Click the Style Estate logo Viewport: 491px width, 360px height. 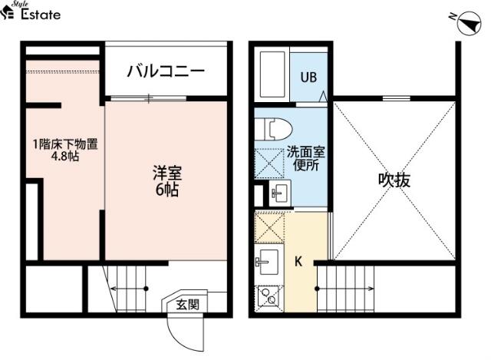point(31,11)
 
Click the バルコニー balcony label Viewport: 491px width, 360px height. point(166,71)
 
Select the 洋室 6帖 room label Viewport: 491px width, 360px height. point(167,181)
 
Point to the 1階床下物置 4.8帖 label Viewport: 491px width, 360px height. point(65,150)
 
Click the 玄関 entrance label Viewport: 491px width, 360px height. point(187,304)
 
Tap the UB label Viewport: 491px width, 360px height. point(308,78)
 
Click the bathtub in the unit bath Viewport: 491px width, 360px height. point(272,74)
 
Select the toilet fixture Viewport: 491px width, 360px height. point(273,129)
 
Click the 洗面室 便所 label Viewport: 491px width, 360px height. point(306,159)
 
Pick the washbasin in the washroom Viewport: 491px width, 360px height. point(280,193)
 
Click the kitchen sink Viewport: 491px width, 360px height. point(268,262)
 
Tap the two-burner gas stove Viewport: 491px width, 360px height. point(269,296)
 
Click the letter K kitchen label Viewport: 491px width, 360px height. point(298,261)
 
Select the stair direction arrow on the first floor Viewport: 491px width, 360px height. point(129,289)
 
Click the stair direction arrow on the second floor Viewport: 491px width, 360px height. point(344,289)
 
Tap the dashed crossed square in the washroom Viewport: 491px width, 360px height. point(269,163)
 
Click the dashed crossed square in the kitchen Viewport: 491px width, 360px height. point(269,228)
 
